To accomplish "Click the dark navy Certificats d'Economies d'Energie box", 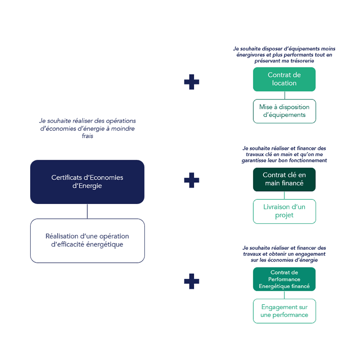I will click(87, 182).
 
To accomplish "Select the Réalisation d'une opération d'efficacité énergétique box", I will click(87, 240).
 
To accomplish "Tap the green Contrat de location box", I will click(284, 79).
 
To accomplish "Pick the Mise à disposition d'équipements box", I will click(284, 111).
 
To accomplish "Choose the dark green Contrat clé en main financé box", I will click(284, 179).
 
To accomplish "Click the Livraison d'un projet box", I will click(284, 211).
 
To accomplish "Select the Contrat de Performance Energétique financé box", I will click(284, 279).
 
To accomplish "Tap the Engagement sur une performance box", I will click(284, 311).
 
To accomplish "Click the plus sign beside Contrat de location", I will click(192, 82).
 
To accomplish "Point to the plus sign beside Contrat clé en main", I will click(192, 180).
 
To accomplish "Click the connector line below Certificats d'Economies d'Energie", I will click(87, 211).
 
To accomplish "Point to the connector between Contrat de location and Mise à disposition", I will click(284, 95).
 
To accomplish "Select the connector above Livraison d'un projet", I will click(284, 195).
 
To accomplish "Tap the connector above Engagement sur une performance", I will click(284, 295).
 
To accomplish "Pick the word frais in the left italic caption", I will click(87, 136).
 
